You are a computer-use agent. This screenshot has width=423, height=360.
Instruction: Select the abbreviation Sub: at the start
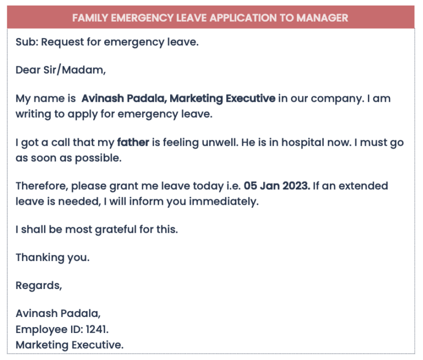tap(26, 42)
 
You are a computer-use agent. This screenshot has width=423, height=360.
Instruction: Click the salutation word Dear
tap(28, 70)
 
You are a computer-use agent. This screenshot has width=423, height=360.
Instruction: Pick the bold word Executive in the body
tap(248, 99)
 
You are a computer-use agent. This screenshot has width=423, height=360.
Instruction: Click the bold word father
tap(133, 143)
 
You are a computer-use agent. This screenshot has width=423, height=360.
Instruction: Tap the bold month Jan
tap(269, 186)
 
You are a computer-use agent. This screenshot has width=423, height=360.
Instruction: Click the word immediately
tap(224, 201)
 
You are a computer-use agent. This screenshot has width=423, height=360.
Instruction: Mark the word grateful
tap(118, 230)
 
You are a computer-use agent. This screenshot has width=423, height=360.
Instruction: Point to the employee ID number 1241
tap(97, 330)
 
